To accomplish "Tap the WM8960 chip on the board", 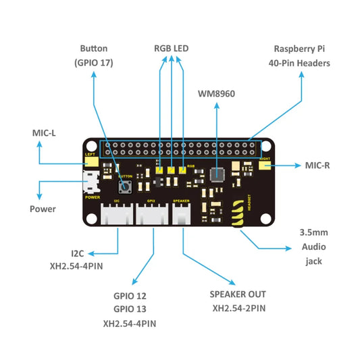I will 216,174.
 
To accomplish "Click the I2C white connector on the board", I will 117,214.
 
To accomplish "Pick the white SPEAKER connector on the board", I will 182,214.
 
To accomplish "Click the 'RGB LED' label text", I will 172,49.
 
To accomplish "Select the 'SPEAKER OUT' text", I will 238,294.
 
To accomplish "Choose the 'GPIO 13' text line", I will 130,309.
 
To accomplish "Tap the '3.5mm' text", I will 313,232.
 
